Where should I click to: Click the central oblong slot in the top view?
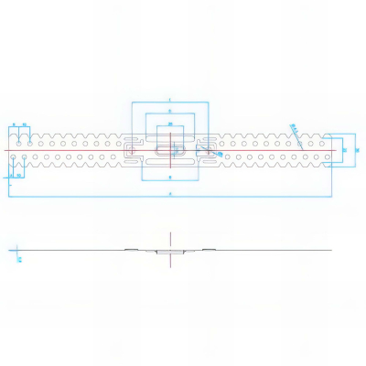tap(170, 150)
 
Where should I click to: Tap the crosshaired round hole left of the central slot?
tap(134, 150)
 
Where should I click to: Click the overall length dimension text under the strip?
tap(170, 195)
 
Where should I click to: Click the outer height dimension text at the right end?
tap(357, 149)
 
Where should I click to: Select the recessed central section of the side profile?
tap(170, 251)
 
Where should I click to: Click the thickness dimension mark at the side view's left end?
tap(18, 258)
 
